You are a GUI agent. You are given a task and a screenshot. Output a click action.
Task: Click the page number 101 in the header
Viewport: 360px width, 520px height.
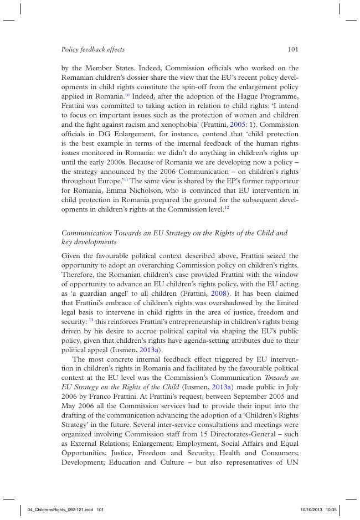click(x=293, y=49)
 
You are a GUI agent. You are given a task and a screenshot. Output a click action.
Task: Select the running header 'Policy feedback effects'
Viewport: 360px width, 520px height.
click(x=93, y=49)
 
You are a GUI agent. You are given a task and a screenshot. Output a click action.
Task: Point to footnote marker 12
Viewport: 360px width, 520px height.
click(x=227, y=208)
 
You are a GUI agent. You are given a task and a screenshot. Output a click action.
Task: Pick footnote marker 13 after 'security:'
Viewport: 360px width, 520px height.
click(x=91, y=320)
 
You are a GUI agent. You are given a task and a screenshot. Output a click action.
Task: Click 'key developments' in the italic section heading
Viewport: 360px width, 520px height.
click(x=89, y=243)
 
